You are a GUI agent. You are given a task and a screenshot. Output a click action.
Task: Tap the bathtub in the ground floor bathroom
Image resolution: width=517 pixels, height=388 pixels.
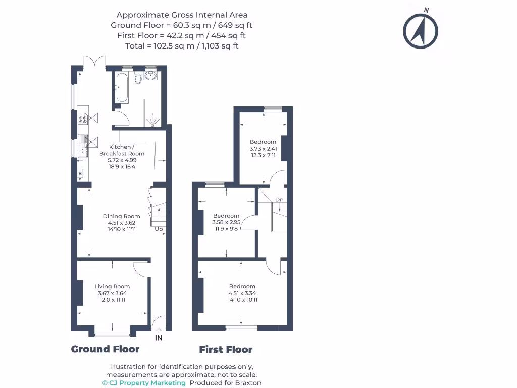click(x=122, y=87)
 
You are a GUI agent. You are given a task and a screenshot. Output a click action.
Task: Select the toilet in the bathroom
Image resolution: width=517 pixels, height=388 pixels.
click(x=138, y=77)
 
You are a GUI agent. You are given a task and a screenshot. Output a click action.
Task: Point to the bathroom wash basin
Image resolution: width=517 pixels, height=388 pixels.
click(x=151, y=76)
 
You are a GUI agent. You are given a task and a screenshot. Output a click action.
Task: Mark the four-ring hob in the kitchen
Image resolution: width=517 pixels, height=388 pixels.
click(x=82, y=119)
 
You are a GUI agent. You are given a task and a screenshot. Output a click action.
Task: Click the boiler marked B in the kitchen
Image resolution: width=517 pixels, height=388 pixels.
click(x=80, y=174)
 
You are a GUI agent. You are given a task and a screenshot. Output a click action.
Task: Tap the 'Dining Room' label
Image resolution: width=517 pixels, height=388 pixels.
click(x=124, y=216)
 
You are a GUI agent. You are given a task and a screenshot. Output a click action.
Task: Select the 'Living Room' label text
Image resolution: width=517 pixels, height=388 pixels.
click(x=112, y=286)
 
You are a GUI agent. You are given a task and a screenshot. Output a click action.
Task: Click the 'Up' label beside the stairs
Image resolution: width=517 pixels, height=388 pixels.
click(x=159, y=229)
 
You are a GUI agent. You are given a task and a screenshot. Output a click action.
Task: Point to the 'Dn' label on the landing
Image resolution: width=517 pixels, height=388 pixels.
click(x=279, y=200)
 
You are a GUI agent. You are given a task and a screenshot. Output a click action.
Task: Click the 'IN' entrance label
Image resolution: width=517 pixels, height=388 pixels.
click(x=159, y=338)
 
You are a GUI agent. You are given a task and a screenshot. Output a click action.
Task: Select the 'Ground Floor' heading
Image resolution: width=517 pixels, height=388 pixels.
click(x=105, y=349)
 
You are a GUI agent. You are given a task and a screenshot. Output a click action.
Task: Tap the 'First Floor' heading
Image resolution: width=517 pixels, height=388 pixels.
click(x=226, y=349)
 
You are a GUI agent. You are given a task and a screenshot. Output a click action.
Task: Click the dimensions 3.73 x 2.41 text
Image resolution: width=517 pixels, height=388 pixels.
click(x=263, y=149)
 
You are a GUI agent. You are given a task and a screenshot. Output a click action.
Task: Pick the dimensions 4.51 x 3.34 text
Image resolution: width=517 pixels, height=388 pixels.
click(x=242, y=293)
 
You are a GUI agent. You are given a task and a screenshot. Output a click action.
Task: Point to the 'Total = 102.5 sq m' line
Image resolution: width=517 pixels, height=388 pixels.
click(x=182, y=46)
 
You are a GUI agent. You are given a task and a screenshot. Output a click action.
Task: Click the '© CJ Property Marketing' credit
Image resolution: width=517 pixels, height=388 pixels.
click(x=144, y=383)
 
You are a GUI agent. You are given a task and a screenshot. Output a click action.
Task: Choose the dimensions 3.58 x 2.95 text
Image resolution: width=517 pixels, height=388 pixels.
click(x=226, y=222)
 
